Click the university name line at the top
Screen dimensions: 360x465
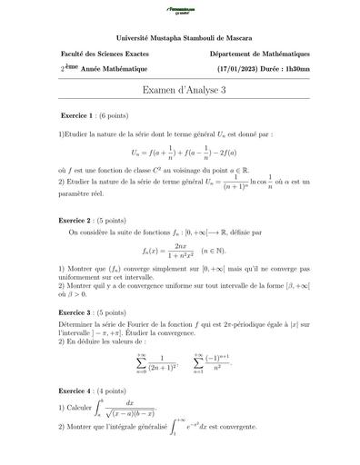coord(180,37)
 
